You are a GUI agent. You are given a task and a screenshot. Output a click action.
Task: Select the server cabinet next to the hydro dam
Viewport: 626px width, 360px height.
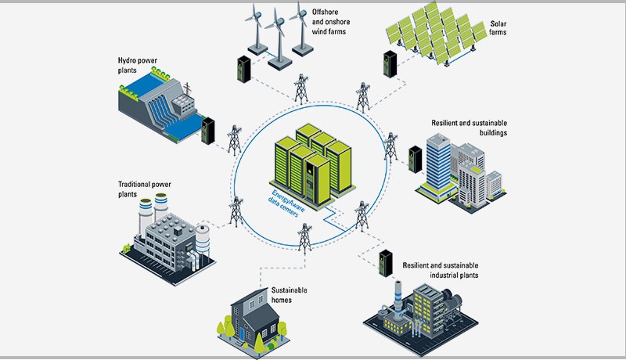point(208,131)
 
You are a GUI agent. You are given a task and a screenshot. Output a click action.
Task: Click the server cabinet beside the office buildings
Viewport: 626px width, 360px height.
point(415,159)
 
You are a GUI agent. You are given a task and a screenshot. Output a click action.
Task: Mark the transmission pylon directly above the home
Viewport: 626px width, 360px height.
point(304,243)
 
